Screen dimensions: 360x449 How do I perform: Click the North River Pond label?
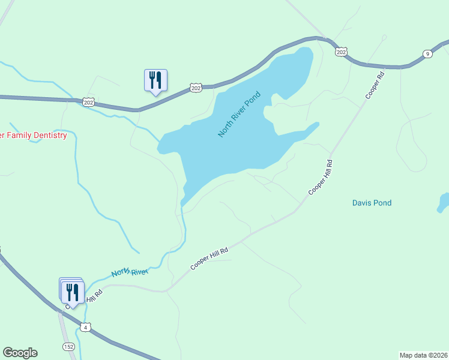pos(240,114)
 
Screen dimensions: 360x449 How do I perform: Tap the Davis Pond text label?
pos(372,203)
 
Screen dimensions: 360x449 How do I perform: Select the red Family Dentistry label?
pos(33,136)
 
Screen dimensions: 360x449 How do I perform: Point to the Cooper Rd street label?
pos(373,86)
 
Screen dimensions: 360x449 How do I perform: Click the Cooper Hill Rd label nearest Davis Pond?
pos(321,177)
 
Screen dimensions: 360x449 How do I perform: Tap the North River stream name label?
pos(129,273)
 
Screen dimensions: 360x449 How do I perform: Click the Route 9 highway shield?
pos(427,54)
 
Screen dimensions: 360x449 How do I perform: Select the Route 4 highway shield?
pos(87,327)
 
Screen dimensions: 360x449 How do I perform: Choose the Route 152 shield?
pos(69,347)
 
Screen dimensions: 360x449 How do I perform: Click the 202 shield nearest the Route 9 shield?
pos(341,52)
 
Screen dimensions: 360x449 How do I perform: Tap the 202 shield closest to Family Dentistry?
pos(89,103)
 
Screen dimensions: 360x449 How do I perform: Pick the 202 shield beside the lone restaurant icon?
pos(196,88)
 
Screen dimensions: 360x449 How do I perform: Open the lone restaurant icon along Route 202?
pos(155,80)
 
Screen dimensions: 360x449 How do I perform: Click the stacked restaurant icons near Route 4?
pos(72,292)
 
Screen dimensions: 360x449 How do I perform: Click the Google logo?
pos(20,353)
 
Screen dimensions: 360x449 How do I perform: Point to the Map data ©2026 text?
pos(424,355)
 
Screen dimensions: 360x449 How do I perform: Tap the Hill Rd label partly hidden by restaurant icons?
pos(93,296)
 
